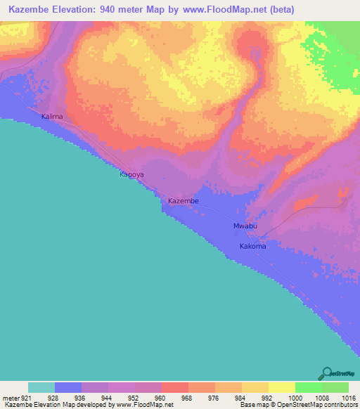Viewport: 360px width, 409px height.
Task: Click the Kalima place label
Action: tap(52, 116)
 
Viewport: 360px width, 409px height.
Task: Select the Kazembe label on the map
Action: tap(184, 201)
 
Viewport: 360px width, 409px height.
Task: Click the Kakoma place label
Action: tap(252, 247)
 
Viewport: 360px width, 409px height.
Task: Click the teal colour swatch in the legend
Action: tap(41, 387)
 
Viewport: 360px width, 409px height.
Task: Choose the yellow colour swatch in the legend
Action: tap(281, 387)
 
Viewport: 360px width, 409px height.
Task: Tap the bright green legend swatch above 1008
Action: tap(308, 387)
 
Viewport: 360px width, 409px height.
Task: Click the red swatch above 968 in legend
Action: tap(174, 387)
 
